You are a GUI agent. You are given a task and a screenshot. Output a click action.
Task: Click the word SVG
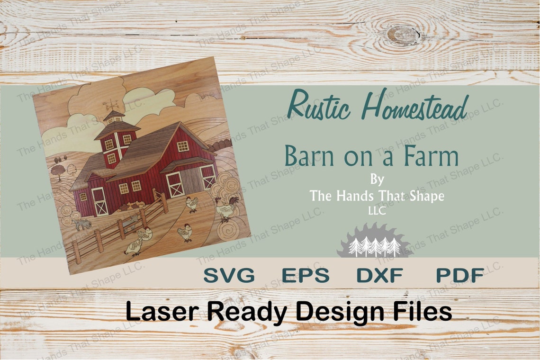tap(229, 275)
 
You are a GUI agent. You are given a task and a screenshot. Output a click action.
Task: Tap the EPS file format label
tap(305, 275)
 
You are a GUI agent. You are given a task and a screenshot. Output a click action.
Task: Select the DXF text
tap(379, 275)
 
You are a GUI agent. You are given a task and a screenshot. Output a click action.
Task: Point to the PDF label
tap(459, 275)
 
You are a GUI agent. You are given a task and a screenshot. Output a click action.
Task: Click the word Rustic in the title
tap(319, 106)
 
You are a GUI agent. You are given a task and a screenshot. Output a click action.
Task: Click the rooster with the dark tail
tap(226, 207)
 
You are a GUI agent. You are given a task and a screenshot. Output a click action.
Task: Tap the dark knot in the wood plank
tap(403, 35)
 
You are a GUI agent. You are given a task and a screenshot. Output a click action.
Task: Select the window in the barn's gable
tap(182, 146)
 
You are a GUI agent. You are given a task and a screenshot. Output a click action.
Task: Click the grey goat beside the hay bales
tap(82, 224)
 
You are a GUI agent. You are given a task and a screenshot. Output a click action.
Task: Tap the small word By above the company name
tap(377, 180)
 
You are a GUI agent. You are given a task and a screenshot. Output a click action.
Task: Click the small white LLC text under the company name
tap(377, 211)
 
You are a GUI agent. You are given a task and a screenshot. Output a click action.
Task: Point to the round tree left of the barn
tap(58, 171)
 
